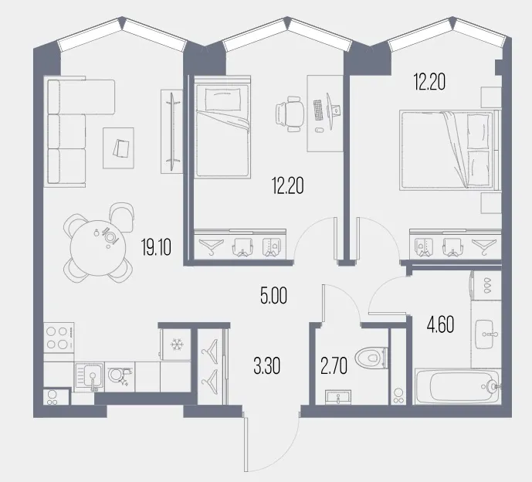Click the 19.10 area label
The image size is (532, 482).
click(157, 246)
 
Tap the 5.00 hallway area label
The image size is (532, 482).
click(273, 295)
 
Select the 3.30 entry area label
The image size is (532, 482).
click(266, 366)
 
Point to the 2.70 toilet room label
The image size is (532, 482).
click(334, 366)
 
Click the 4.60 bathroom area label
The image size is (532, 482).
click(440, 325)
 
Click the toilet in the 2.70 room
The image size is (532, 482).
click(371, 358)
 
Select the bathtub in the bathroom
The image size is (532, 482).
click(457, 386)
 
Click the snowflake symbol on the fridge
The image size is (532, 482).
click(176, 345)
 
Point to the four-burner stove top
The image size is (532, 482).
click(59, 338)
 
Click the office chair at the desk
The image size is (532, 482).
click(290, 114)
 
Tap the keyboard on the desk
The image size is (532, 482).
click(318, 110)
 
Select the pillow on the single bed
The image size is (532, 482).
click(223, 99)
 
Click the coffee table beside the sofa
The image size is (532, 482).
click(118, 148)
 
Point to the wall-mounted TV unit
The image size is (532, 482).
click(171, 131)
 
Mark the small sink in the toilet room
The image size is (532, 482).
click(338, 397)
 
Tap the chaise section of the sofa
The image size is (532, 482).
click(81, 97)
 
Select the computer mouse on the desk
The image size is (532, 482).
click(318, 130)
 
